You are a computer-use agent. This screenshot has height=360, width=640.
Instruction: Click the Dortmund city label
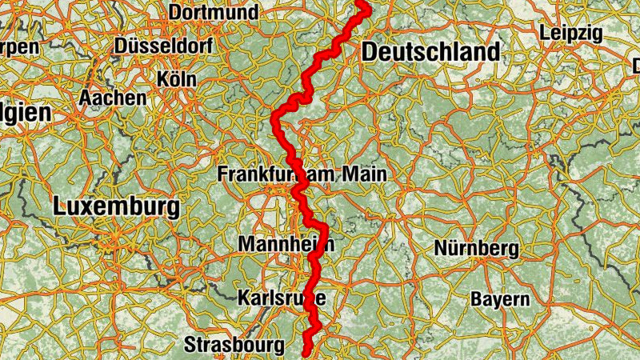point(214,13)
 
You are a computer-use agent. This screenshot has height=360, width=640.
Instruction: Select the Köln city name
point(177,80)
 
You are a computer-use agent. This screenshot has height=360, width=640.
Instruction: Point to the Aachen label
point(113,98)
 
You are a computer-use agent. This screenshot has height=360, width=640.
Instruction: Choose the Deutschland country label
point(430,53)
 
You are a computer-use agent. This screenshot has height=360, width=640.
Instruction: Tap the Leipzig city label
point(570,34)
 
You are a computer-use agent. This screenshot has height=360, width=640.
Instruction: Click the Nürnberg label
point(476,249)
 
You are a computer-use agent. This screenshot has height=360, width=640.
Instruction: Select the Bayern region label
point(500,300)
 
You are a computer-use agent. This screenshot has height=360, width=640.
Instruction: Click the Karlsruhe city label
point(282,298)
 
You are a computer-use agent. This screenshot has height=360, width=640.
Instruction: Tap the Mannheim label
point(286,243)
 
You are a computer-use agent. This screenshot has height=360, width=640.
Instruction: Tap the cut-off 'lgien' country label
point(24,113)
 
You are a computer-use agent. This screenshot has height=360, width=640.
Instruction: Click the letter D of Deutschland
point(370,53)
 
